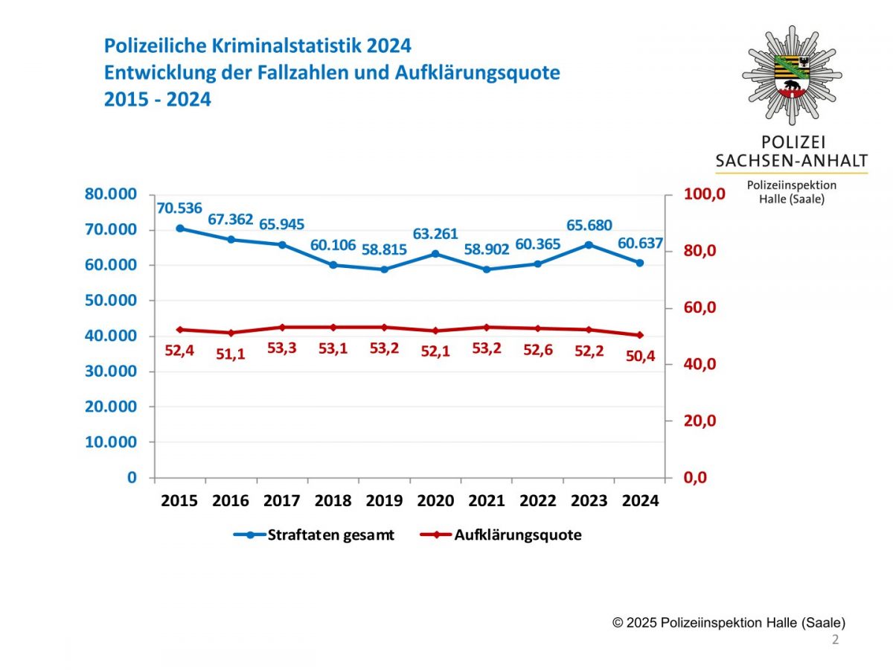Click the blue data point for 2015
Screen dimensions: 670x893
click(x=180, y=229)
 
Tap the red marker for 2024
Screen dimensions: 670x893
click(x=639, y=335)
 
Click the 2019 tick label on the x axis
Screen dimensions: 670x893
click(x=384, y=501)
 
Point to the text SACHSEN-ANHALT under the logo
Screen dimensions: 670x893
click(x=791, y=160)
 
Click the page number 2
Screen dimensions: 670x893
click(x=835, y=640)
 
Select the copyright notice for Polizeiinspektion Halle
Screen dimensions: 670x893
click(x=729, y=622)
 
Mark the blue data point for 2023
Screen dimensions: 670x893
click(x=589, y=245)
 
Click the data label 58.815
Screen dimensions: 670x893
click(x=384, y=249)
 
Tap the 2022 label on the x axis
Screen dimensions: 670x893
click(x=537, y=501)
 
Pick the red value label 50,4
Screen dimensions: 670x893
click(x=639, y=357)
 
